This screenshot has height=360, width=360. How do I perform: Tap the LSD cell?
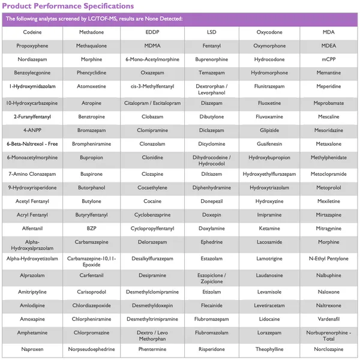211,32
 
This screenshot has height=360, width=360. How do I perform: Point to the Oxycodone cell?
269,32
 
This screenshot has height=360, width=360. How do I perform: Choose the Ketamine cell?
269,229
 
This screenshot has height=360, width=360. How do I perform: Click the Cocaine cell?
152,202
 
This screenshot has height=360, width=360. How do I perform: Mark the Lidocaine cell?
269,319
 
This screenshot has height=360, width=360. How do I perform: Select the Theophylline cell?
269,349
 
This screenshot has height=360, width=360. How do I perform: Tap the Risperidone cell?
211,349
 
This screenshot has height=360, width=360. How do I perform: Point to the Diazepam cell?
211,103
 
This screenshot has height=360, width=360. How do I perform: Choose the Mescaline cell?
328,117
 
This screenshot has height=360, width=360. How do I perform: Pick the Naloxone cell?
328,292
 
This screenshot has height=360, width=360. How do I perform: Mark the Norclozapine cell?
328,349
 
